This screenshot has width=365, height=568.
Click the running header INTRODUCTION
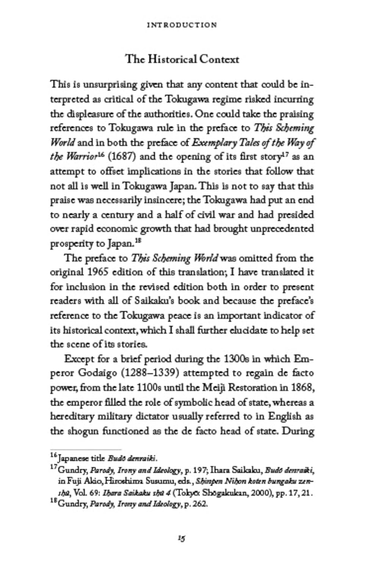[182, 25]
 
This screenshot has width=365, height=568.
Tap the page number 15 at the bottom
[182, 538]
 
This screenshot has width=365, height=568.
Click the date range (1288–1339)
[150, 373]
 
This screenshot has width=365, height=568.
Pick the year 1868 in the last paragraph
[302, 388]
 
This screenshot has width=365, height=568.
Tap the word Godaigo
[97, 373]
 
